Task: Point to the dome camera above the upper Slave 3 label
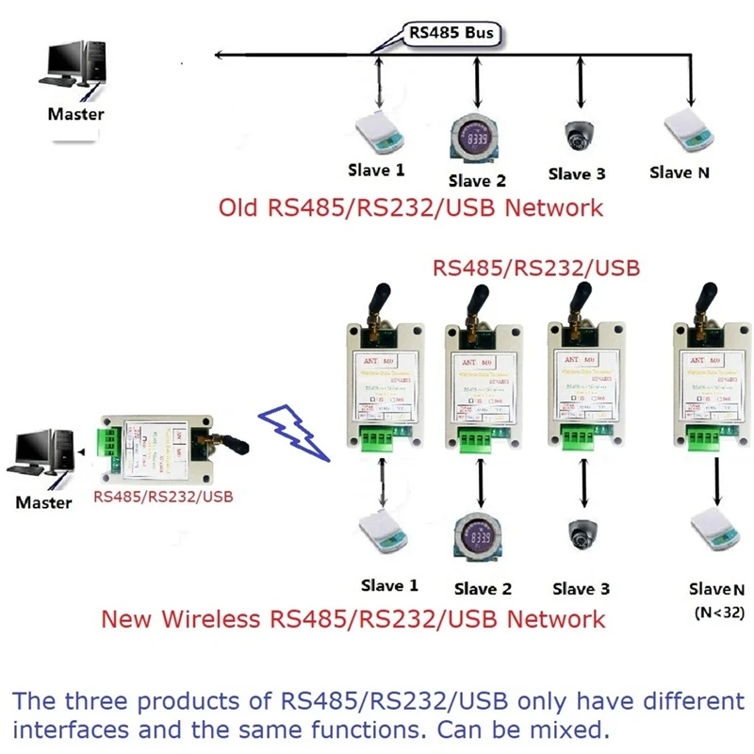coord(577,137)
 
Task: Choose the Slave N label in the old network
coord(680,172)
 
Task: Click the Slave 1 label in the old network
coord(376,171)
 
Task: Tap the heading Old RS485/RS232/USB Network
coord(411,207)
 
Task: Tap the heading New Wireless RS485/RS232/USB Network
coord(352,619)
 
